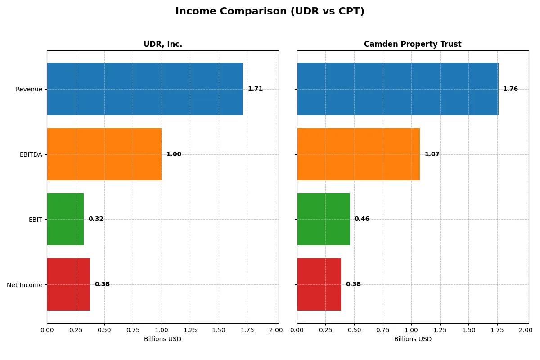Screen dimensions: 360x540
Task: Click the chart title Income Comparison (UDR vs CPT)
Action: pyautogui.click(x=270, y=11)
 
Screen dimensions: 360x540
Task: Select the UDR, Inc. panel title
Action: pyautogui.click(x=162, y=44)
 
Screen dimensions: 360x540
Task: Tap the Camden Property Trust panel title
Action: pyautogui.click(x=413, y=44)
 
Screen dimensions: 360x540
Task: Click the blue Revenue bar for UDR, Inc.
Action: pyautogui.click(x=145, y=89)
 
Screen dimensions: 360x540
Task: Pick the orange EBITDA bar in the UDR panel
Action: pyautogui.click(x=104, y=154)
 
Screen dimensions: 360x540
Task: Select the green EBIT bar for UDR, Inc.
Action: pyautogui.click(x=65, y=219)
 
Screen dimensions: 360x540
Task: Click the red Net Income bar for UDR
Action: pyautogui.click(x=68, y=284)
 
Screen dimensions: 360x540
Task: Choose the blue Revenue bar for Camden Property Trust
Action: pyautogui.click(x=398, y=89)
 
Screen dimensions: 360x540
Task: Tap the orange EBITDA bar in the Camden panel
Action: pyautogui.click(x=358, y=154)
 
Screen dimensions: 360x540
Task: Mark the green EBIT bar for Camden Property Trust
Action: pyautogui.click(x=324, y=219)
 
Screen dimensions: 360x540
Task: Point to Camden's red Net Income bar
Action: pyautogui.click(x=319, y=284)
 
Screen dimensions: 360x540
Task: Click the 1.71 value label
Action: pyautogui.click(x=255, y=89)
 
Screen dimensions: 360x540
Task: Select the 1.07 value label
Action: pyautogui.click(x=432, y=154)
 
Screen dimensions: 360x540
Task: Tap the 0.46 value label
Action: pyautogui.click(x=362, y=219)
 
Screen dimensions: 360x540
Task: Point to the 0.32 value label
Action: pyautogui.click(x=96, y=219)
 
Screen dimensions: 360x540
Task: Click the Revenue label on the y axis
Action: pyautogui.click(x=29, y=89)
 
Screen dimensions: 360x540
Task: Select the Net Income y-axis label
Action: pyautogui.click(x=25, y=285)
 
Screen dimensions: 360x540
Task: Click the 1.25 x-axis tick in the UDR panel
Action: pyautogui.click(x=190, y=330)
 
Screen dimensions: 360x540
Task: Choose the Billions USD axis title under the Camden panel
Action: pyautogui.click(x=413, y=339)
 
